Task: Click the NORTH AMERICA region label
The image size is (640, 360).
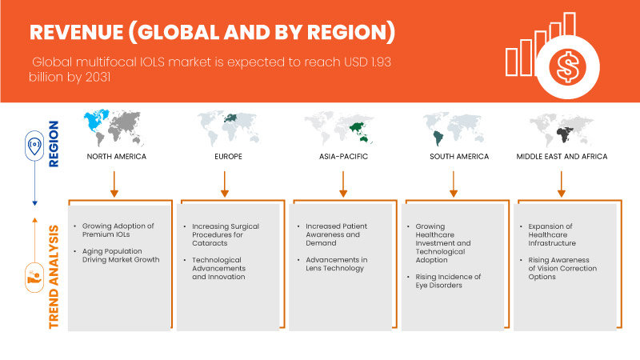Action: pos(117,156)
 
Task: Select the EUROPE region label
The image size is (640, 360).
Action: pos(225,156)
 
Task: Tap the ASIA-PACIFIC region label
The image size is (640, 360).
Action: pos(342,156)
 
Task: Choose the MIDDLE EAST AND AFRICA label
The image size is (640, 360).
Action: pos(562,156)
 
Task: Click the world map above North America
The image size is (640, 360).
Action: pos(117,128)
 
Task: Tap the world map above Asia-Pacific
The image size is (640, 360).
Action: pos(342,128)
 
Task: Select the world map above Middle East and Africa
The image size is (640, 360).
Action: pos(562,128)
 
